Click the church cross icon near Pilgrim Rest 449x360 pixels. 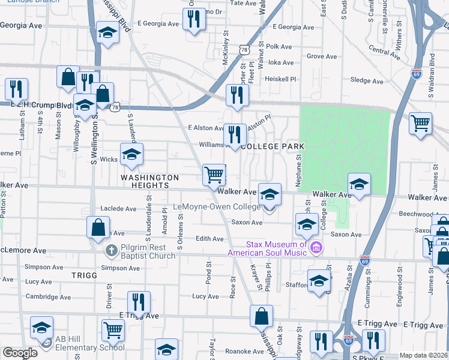point(110,249)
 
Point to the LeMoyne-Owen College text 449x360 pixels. point(217,207)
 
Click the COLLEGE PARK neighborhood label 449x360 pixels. point(273,146)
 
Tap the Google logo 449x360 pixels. point(20,353)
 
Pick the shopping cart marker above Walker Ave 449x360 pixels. point(214,175)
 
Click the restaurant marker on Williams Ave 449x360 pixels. point(234,134)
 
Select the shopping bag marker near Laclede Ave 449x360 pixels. point(98,228)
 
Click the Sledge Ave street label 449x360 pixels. point(366,80)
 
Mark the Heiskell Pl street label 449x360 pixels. point(281,79)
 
